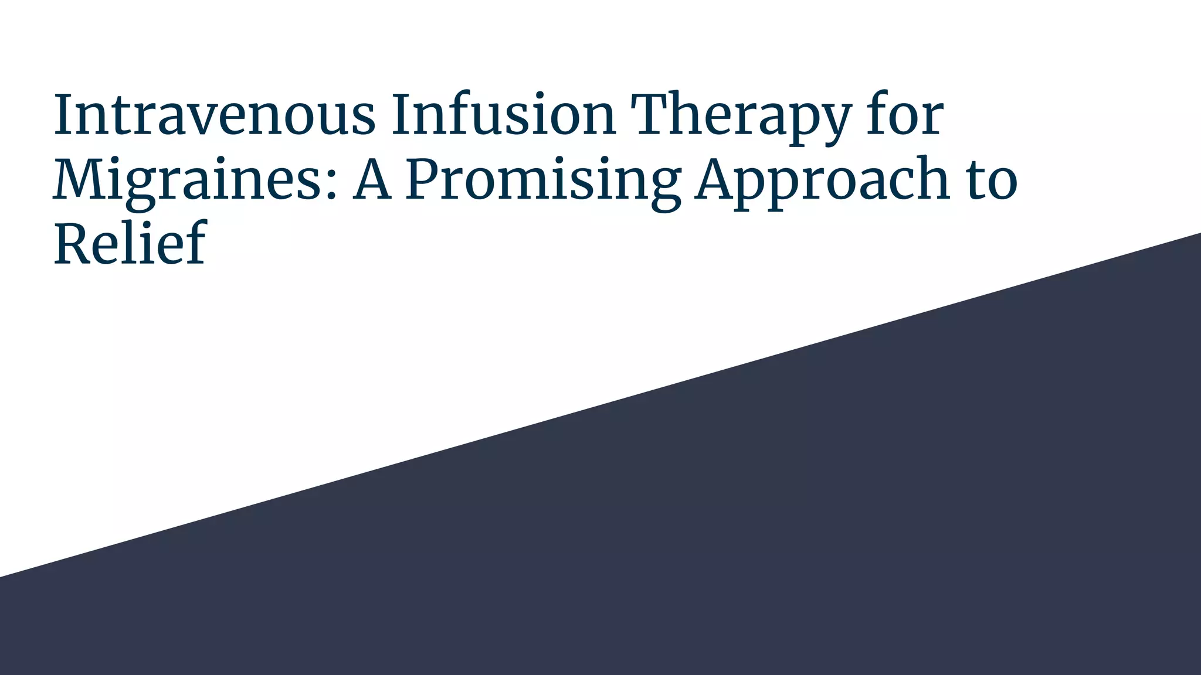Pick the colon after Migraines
332,182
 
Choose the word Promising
543,180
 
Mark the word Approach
822,180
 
